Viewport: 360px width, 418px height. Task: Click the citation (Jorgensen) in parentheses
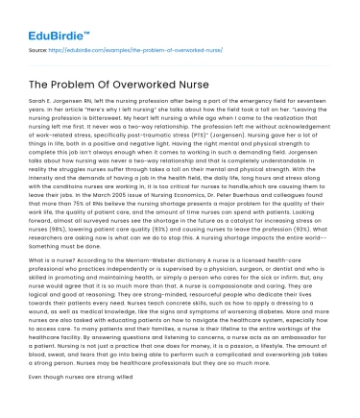[x=228, y=131]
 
